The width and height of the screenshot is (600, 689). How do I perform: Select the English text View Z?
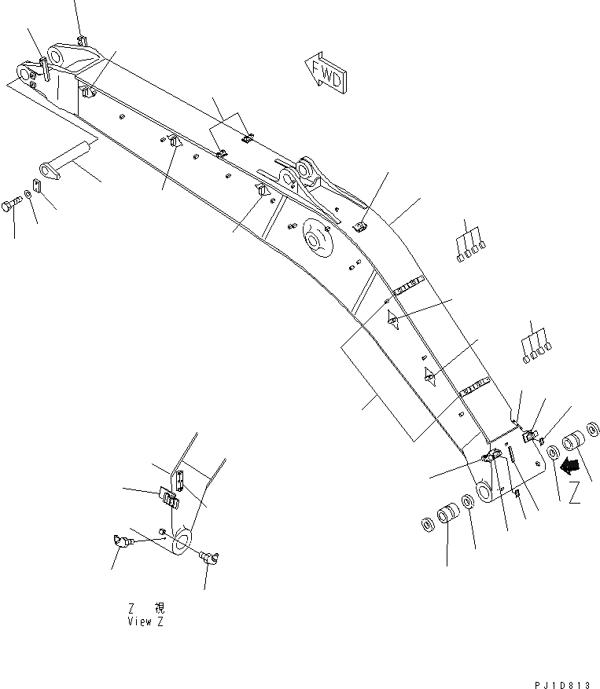(x=145, y=621)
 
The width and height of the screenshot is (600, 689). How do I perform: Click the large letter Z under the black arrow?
(x=575, y=493)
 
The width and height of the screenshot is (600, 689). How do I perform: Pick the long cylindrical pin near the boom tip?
(x=68, y=159)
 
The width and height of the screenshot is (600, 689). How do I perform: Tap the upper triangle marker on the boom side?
(x=392, y=318)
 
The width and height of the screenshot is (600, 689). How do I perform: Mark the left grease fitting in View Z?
(x=120, y=541)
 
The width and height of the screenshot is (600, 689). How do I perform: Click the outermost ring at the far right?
(x=594, y=430)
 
